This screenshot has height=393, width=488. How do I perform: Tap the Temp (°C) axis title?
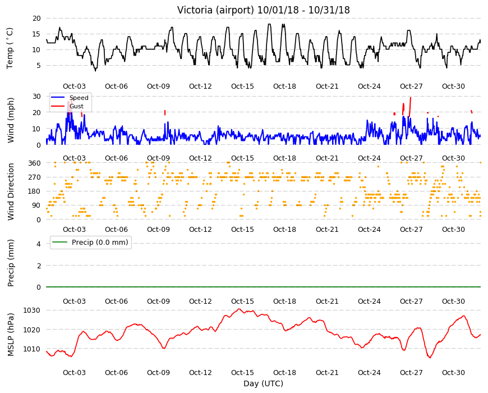(10, 48)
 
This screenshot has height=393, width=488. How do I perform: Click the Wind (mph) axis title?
(11, 120)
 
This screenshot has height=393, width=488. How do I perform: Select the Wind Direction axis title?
(11, 191)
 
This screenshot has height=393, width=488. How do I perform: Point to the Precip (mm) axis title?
(11, 263)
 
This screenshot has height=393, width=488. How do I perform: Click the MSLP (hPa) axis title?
(11, 335)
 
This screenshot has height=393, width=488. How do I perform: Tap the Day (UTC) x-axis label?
(263, 383)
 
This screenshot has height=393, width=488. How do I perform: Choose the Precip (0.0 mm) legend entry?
(91, 243)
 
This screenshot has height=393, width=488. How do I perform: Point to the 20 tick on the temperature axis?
(36, 19)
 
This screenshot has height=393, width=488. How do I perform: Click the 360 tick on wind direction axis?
(35, 163)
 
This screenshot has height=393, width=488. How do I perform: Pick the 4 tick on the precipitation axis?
(39, 244)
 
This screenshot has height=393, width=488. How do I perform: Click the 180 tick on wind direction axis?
(35, 191)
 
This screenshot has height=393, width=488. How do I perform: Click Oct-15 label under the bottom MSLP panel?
(242, 372)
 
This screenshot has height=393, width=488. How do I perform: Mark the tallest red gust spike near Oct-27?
(410, 107)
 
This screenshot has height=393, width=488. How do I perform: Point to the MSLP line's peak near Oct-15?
(239, 309)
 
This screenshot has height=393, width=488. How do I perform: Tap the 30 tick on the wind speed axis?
(36, 96)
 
